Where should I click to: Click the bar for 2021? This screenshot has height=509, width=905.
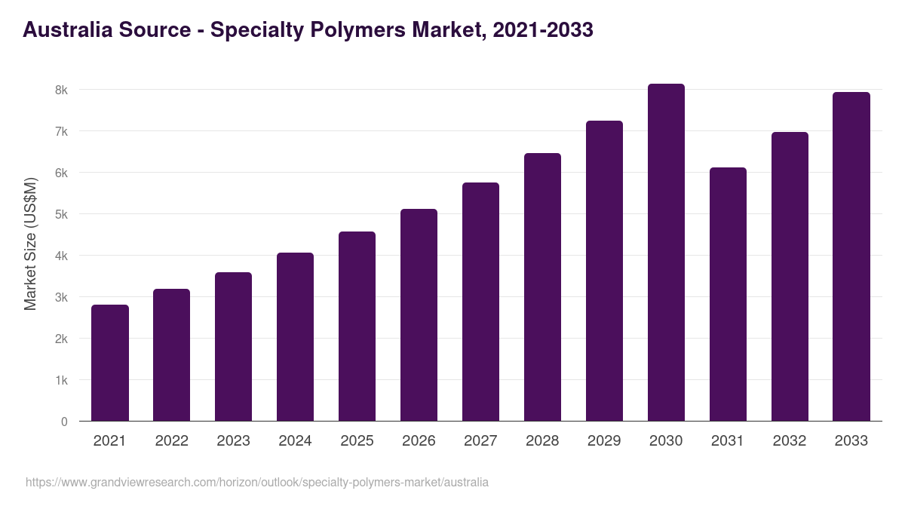(110, 363)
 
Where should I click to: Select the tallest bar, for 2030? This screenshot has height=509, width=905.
(666, 253)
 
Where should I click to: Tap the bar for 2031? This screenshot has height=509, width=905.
(728, 294)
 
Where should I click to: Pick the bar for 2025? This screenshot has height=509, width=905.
(357, 326)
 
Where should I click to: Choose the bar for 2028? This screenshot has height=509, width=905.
(542, 287)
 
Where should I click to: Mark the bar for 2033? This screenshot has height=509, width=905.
(851, 256)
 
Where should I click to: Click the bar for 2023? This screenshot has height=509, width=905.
(233, 346)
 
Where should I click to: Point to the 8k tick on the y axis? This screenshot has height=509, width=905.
(61, 90)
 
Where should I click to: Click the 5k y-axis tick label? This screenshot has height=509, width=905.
(61, 214)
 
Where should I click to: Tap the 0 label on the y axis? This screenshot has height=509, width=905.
(64, 422)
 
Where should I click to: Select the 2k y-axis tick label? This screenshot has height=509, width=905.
(61, 339)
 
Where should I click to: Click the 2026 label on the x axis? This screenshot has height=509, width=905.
(419, 441)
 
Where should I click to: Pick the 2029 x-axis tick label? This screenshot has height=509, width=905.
(604, 441)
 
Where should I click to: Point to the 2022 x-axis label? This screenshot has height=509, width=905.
(171, 441)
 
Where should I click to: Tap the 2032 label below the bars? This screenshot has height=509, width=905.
(790, 441)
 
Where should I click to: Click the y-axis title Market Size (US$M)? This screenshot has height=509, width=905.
(30, 244)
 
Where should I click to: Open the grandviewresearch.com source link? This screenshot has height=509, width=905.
(257, 482)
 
